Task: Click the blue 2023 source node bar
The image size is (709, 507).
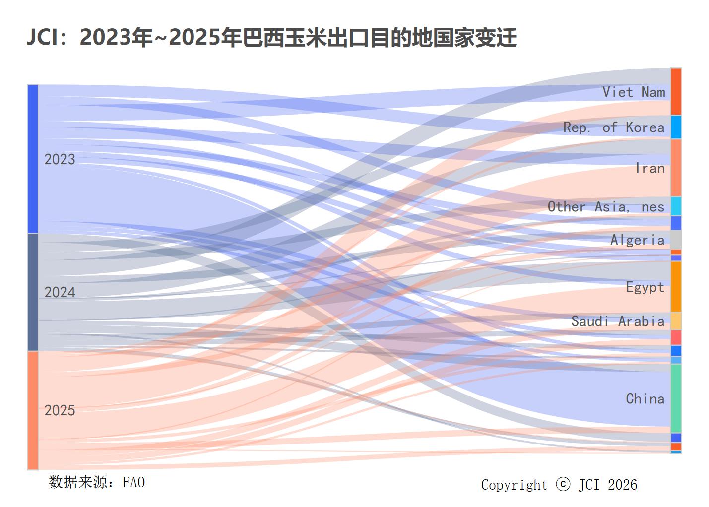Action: [x=33, y=159]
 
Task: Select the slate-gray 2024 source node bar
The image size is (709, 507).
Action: [x=33, y=292]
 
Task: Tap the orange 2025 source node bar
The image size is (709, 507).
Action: [x=33, y=410]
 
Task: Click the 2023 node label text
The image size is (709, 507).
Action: [x=60, y=159]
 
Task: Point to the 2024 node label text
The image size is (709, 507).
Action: [x=60, y=292]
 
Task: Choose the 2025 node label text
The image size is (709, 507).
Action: [x=60, y=410]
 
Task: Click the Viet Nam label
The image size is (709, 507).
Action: [x=633, y=92]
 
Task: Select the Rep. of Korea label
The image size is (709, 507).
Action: [x=613, y=127]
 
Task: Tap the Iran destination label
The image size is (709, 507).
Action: [x=649, y=168]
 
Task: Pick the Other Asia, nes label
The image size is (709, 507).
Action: [x=605, y=206]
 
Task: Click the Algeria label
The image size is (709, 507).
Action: [x=637, y=240]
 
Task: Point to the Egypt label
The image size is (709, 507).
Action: [x=645, y=287]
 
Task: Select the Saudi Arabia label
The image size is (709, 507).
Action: [x=617, y=321]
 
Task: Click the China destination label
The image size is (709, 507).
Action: [x=645, y=399]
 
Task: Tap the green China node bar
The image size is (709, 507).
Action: [x=676, y=398]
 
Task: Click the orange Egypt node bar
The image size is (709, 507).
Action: [x=676, y=286]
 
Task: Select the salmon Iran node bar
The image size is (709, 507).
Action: [x=676, y=168]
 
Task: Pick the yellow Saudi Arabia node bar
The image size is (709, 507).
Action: [x=676, y=320]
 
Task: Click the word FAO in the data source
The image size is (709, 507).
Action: [x=133, y=482]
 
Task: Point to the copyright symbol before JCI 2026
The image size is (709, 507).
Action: [x=563, y=484]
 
